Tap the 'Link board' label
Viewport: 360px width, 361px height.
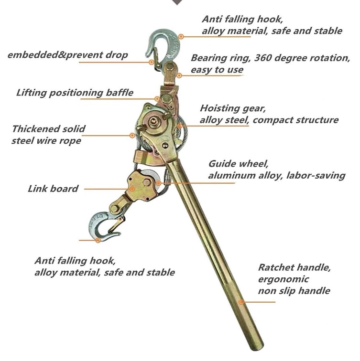[x=53, y=189]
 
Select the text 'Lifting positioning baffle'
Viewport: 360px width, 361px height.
[x=75, y=93]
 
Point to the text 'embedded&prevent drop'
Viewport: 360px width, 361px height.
[x=68, y=55]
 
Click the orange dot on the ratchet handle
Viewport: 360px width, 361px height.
[x=241, y=302]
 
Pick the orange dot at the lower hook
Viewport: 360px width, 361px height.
[x=98, y=240]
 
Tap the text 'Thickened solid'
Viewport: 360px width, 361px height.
[x=49, y=129]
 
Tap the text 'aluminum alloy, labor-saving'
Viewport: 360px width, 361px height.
[x=276, y=176]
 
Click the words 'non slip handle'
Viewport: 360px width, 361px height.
[x=294, y=290]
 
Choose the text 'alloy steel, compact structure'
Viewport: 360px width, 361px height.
[x=269, y=120]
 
